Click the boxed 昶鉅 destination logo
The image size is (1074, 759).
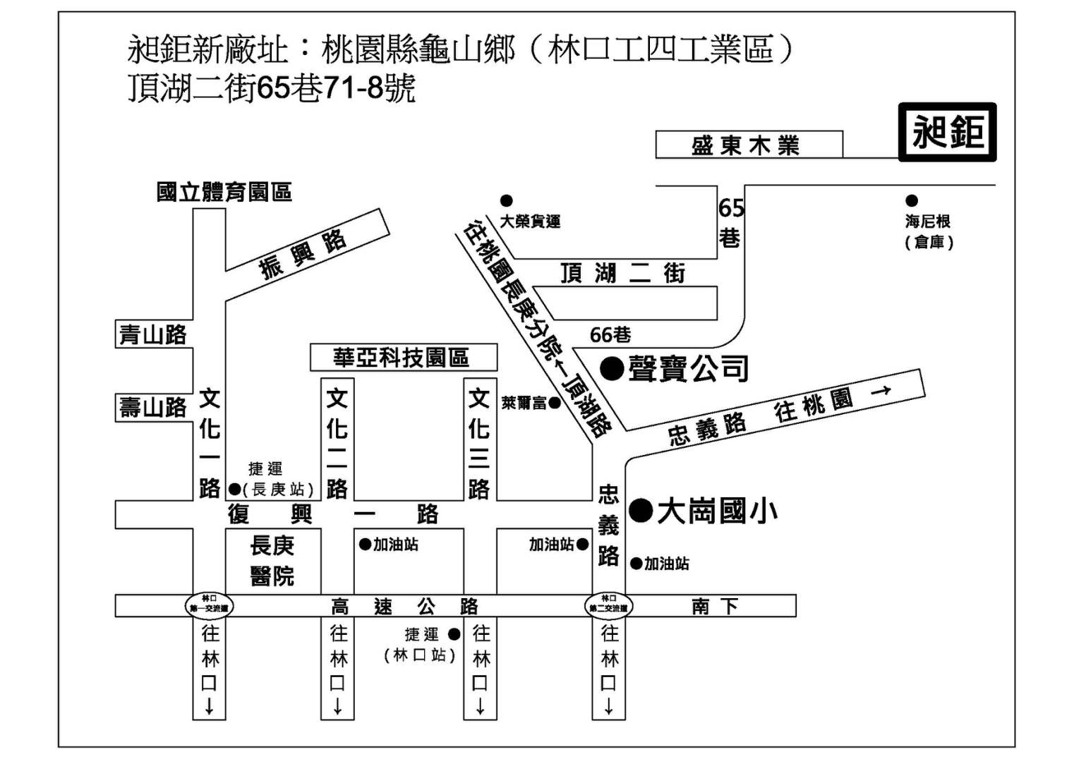tap(947, 132)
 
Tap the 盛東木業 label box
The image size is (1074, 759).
tap(748, 145)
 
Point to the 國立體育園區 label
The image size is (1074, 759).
tap(224, 192)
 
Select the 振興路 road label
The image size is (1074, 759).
tap(303, 254)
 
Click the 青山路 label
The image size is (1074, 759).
tap(153, 334)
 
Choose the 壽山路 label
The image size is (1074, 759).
tap(153, 408)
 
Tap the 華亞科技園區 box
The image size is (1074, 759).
tap(403, 358)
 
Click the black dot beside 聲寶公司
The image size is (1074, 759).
tap(611, 368)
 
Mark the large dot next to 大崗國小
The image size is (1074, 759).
tap(641, 510)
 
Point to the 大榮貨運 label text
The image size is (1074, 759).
tap(530, 221)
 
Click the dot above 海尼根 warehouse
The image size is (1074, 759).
tap(912, 201)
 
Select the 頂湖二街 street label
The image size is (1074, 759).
tap(622, 273)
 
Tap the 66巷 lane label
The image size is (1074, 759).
tap(610, 334)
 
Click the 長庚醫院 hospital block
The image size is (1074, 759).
tap(272, 560)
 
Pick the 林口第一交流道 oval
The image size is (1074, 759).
tap(209, 605)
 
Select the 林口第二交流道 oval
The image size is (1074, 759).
tap(608, 605)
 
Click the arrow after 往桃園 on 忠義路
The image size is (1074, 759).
tap(881, 390)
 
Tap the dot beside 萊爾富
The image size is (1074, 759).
tap(555, 403)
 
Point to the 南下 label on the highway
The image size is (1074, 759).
tap(714, 606)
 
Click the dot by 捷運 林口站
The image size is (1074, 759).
tap(454, 634)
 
